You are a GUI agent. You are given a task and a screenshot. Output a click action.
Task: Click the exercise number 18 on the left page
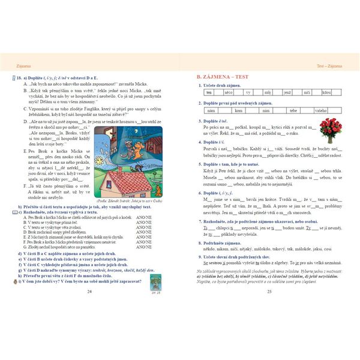[x=19, y=78]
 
